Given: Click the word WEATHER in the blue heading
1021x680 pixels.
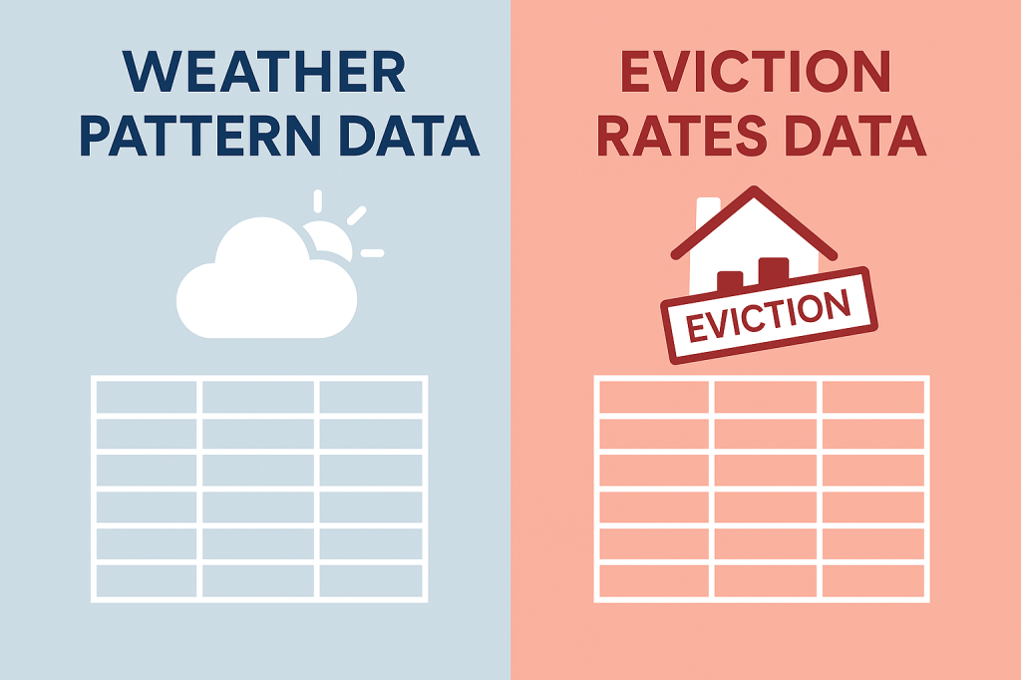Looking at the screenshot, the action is click(x=263, y=71).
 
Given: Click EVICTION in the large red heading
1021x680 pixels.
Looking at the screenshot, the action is click(x=756, y=71).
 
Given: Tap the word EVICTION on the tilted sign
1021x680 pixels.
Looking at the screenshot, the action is click(x=769, y=316).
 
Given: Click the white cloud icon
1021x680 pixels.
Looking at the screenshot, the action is click(x=266, y=279).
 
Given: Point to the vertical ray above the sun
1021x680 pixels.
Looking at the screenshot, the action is click(x=318, y=201).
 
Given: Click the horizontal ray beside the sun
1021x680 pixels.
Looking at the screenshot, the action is click(x=372, y=252).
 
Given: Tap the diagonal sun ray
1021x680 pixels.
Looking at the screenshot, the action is click(x=357, y=215).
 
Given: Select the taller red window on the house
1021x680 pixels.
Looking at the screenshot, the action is click(x=774, y=271).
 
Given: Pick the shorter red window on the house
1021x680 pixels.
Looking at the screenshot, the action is click(x=730, y=281).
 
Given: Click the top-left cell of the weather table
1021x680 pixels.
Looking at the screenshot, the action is click(x=147, y=397).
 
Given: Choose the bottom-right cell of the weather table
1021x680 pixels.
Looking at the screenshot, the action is click(x=371, y=581).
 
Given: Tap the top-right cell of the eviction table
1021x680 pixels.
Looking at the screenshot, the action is click(x=873, y=397).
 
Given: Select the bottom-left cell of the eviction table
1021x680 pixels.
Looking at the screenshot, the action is click(x=654, y=581).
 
